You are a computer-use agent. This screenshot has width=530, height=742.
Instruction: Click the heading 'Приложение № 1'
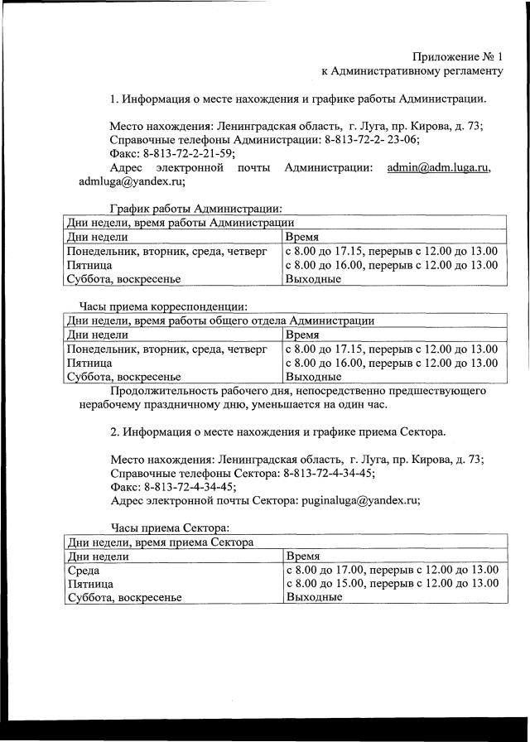457,56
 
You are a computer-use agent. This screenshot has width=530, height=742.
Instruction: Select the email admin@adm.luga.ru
438,167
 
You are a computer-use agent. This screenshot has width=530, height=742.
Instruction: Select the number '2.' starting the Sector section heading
115,431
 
